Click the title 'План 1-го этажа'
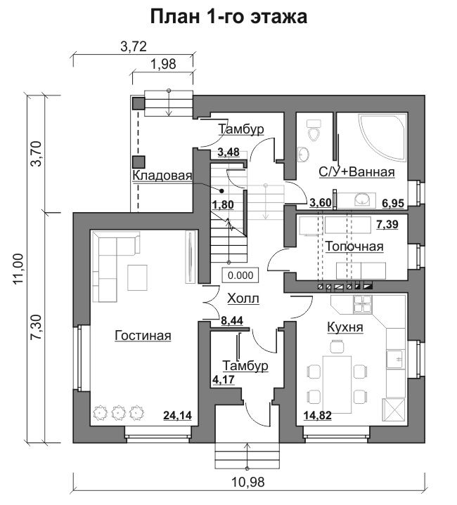pyautogui.click(x=228, y=16)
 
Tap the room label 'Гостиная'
pyautogui.click(x=143, y=336)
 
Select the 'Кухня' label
pyautogui.click(x=345, y=327)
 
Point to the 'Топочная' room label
pyautogui.click(x=354, y=247)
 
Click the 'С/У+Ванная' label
pyautogui.click(x=356, y=172)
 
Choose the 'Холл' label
pyautogui.click(x=243, y=299)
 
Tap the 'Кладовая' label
pyautogui.click(x=162, y=176)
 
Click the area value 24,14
pyautogui.click(x=177, y=416)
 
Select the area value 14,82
pyautogui.click(x=318, y=416)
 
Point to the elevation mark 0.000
pyautogui.click(x=240, y=275)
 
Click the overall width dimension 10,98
pyautogui.click(x=248, y=482)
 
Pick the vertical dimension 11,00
pyautogui.click(x=19, y=269)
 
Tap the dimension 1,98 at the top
pyautogui.click(x=163, y=65)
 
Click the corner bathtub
pyautogui.click(x=382, y=136)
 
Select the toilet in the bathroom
pyautogui.click(x=313, y=130)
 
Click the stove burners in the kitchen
pyautogui.click(x=363, y=304)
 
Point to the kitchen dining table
pyautogui.click(x=337, y=384)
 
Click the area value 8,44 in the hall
pyautogui.click(x=232, y=320)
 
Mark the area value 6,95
pyautogui.click(x=393, y=203)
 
